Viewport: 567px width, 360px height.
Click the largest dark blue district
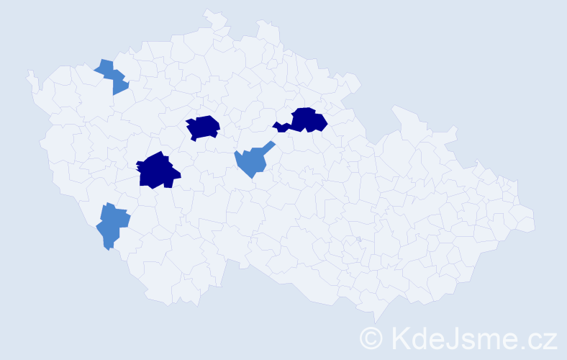pyautogui.click(x=157, y=171)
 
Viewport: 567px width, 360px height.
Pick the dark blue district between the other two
pyautogui.click(x=203, y=127)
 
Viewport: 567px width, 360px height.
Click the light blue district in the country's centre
pyautogui.click(x=252, y=161)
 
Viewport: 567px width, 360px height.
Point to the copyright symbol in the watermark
pyautogui.click(x=371, y=337)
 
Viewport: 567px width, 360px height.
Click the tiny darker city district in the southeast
pyautogui.click(x=358, y=239)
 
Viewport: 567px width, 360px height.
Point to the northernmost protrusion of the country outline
pyautogui.click(x=209, y=12)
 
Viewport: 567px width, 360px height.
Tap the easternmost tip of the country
pyautogui.click(x=534, y=220)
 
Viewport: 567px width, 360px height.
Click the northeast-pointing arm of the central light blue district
pyautogui.click(x=269, y=145)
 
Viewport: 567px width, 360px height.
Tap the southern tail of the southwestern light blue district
pyautogui.click(x=108, y=246)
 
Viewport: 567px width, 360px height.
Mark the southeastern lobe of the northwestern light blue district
pyautogui.click(x=119, y=86)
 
